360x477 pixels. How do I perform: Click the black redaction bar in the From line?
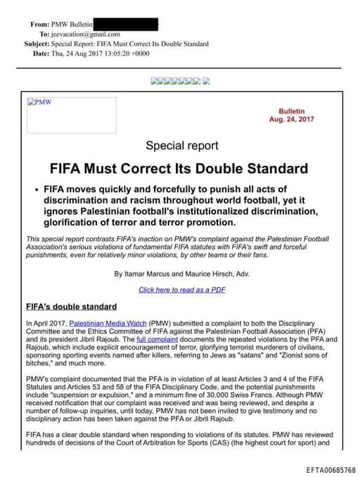(126, 24)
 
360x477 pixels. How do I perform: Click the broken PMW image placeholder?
(71, 115)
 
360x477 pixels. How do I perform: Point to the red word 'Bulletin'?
(292, 111)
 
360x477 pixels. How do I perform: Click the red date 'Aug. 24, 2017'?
(292, 120)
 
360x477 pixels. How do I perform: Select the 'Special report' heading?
(181, 146)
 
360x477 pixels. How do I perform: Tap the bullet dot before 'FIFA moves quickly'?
(35, 191)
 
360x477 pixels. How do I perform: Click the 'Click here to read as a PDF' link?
(181, 290)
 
